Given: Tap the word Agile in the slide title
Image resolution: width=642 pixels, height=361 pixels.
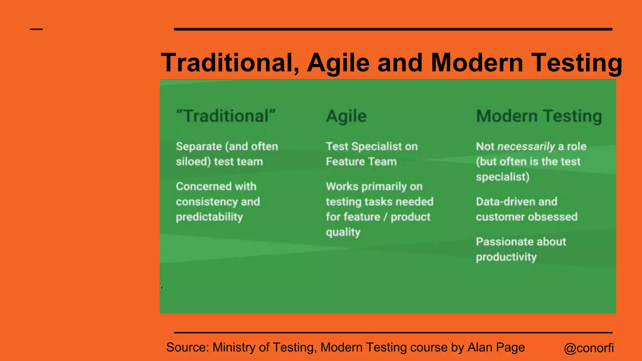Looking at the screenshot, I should pyautogui.click(x=339, y=63).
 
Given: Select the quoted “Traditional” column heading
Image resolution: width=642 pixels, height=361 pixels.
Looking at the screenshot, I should pyautogui.click(x=226, y=116).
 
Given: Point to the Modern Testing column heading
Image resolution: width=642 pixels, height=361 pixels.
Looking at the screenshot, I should pyautogui.click(x=539, y=116).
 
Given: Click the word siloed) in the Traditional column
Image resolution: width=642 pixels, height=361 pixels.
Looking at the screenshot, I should pyautogui.click(x=193, y=162).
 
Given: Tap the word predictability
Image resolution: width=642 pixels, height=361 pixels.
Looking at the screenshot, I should pyautogui.click(x=209, y=217).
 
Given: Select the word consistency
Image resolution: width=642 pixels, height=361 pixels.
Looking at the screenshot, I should pyautogui.click(x=207, y=202).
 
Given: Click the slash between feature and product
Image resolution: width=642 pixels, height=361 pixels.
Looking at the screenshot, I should pyautogui.click(x=386, y=217).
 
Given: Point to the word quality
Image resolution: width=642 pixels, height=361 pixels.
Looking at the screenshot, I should pyautogui.click(x=343, y=232).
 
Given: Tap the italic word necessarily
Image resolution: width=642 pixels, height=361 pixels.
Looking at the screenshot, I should pyautogui.click(x=526, y=146).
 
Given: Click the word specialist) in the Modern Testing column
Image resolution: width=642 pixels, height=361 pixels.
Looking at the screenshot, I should pyautogui.click(x=503, y=177).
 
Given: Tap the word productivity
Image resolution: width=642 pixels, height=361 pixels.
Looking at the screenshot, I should pyautogui.click(x=506, y=257).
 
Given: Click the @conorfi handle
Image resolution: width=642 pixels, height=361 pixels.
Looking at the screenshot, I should pyautogui.click(x=589, y=348).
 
